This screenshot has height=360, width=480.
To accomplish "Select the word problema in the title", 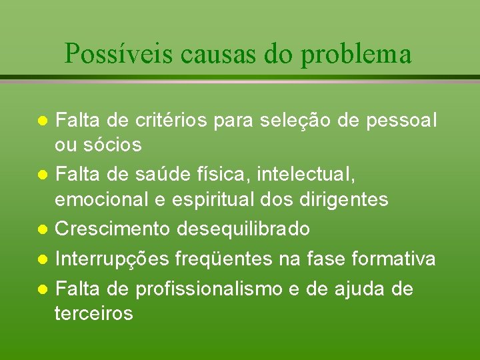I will tap(356, 53).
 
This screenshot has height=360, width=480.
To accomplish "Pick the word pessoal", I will tap(404, 121).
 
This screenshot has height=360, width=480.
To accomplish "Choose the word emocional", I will tap(109, 199).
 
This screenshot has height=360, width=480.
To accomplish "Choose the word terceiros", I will tap(94, 313).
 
